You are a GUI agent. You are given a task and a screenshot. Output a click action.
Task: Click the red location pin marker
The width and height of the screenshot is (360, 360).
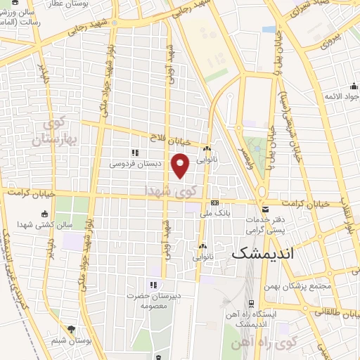point(181,165)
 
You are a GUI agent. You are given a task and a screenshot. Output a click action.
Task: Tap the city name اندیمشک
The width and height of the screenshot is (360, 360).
point(265,252)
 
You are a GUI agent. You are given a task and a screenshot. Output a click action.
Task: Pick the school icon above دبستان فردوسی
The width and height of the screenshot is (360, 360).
point(134,153)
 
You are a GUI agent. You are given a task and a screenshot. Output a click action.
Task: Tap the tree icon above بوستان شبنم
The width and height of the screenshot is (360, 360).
point(72,328)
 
